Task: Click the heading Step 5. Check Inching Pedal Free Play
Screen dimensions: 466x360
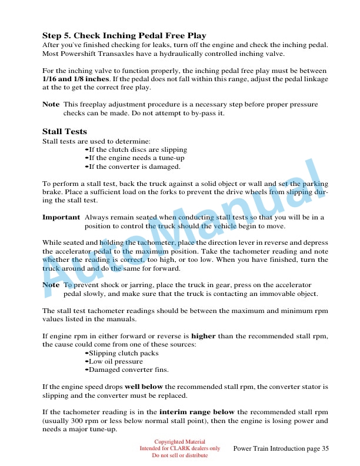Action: (x=124, y=35)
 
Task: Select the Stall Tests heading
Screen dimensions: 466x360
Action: (x=65, y=131)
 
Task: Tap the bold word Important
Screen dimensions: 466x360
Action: (x=61, y=217)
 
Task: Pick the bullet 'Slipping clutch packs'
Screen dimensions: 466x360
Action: (x=124, y=353)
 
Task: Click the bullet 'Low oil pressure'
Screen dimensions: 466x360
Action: (x=116, y=361)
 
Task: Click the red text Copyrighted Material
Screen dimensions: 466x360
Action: (x=179, y=441)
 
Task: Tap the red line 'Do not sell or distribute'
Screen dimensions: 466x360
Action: (x=179, y=455)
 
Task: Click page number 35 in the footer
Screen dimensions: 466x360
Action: (x=325, y=449)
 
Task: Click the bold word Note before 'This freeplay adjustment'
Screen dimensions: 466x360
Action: (x=51, y=104)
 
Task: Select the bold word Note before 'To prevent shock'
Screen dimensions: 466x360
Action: (x=51, y=285)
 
